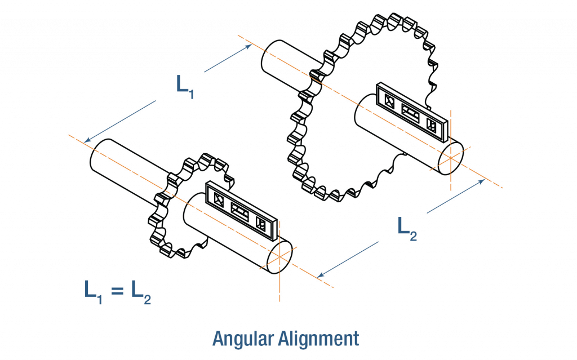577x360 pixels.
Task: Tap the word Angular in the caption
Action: click(x=242, y=338)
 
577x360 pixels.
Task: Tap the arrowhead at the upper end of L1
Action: click(x=248, y=47)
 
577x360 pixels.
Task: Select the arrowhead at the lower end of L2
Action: click(x=320, y=275)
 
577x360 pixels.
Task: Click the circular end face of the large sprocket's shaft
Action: click(x=451, y=156)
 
